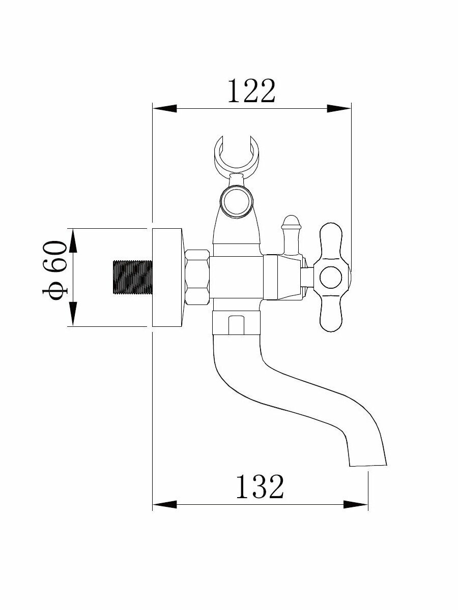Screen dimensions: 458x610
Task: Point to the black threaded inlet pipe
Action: [132, 278]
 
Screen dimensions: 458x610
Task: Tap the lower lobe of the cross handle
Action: [331, 315]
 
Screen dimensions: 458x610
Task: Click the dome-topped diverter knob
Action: [290, 224]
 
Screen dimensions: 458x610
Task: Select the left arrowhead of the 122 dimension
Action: [164, 108]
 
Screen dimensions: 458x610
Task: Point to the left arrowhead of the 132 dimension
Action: [164, 504]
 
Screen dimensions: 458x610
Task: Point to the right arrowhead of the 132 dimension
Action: [356, 504]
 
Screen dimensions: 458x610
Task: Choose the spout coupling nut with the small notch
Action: [236, 324]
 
